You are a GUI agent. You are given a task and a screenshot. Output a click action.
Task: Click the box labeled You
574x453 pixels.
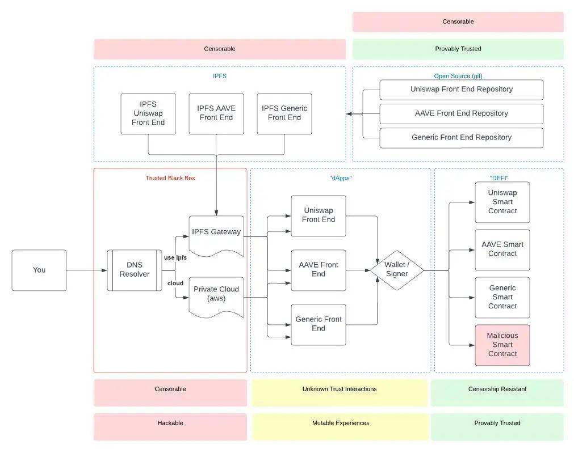click(39, 270)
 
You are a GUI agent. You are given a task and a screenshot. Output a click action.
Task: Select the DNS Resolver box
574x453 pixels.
click(135, 270)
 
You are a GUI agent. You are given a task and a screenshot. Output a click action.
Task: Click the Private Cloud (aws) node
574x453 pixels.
click(216, 294)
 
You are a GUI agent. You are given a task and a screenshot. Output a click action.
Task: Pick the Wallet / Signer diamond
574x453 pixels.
click(397, 270)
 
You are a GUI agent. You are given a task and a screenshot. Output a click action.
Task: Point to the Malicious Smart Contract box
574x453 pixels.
click(502, 345)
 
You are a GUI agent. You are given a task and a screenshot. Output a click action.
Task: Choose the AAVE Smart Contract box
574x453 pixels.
click(502, 249)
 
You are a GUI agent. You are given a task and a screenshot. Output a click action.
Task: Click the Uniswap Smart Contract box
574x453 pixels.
click(502, 202)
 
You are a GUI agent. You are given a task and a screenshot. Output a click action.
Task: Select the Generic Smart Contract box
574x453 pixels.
click(502, 297)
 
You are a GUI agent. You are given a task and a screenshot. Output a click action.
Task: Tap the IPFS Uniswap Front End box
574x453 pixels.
click(148, 113)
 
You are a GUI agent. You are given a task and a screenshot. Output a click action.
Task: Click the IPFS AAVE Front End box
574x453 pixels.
click(216, 113)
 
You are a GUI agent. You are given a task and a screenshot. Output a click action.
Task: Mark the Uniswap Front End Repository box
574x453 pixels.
click(461, 90)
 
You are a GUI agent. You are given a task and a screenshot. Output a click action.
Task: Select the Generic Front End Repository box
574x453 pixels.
click(461, 138)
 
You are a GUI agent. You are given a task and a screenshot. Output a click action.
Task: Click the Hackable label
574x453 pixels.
click(170, 424)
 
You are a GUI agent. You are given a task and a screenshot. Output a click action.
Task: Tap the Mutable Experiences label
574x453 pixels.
click(340, 424)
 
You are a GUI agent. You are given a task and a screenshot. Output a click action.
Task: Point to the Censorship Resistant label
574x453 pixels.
click(497, 390)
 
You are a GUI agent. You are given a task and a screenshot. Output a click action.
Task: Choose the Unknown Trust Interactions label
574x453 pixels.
click(340, 390)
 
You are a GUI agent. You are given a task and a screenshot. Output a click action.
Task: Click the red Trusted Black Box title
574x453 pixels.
click(170, 178)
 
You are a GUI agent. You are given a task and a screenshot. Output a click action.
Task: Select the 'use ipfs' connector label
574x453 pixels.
click(175, 257)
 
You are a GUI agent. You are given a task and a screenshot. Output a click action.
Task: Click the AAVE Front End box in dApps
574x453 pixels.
click(319, 270)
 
